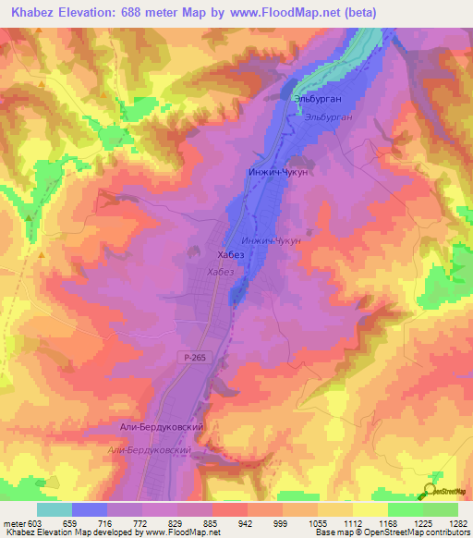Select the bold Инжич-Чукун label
point(277,172)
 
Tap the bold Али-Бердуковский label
point(161,429)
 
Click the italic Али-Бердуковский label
point(149,449)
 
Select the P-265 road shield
point(189,355)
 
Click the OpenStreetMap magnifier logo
point(432,493)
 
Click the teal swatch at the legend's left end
point(54,508)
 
